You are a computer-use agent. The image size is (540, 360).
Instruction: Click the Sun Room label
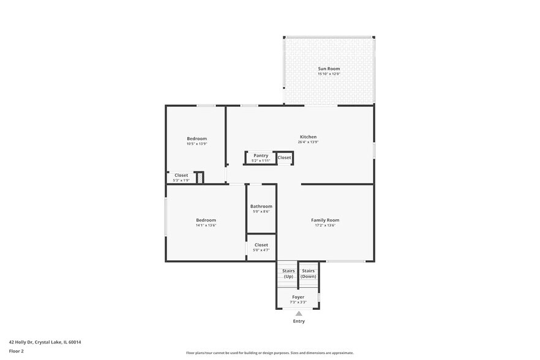pos(328,69)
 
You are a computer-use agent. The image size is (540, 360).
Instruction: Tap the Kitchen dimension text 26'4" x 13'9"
pos(308,142)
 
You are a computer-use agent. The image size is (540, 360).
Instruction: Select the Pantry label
pos(261,156)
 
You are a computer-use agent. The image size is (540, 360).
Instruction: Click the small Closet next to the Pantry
pos(284,158)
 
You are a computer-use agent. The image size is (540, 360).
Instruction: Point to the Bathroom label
pos(261,206)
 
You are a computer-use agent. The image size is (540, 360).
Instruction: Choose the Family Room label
pos(325,220)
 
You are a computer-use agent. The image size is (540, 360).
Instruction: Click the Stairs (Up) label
pos(288,274)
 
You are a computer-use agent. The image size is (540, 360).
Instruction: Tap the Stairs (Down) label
pos(308,274)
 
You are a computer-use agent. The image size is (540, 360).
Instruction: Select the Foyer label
pos(298,297)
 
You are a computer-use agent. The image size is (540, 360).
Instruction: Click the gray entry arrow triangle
pos(299,313)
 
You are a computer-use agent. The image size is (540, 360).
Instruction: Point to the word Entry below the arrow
pos(299,321)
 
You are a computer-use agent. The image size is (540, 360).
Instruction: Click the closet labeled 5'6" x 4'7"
pos(261,247)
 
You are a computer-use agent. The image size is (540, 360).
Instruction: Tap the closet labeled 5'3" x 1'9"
pos(181,178)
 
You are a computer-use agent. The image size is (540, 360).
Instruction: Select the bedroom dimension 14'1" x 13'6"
pos(206,225)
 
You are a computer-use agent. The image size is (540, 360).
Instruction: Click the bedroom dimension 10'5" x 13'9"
pos(197,144)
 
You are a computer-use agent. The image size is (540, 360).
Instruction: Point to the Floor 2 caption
pos(16,351)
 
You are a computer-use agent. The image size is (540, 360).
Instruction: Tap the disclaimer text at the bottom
pos(269,353)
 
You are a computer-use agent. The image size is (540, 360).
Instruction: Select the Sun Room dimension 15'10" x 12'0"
pos(328,74)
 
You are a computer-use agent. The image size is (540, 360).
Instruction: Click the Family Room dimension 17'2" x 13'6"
pos(325,225)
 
